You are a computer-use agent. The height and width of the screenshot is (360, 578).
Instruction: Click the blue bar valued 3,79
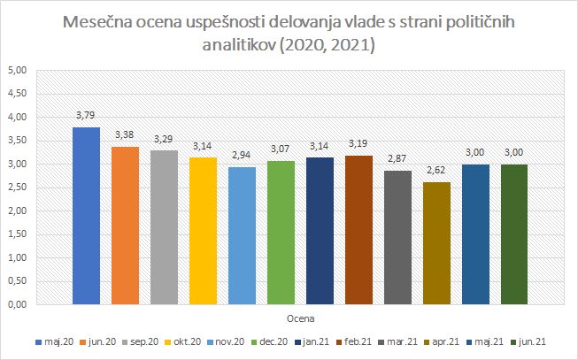coord(86,216)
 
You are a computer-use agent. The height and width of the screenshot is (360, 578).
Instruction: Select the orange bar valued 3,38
coord(125,226)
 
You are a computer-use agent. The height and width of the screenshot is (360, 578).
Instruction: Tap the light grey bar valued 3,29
coord(164,227)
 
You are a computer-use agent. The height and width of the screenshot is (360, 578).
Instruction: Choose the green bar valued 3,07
coord(281,233)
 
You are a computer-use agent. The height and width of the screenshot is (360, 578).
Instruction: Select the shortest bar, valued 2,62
coord(436,243)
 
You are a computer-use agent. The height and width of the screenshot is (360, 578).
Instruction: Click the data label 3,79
coord(86,116)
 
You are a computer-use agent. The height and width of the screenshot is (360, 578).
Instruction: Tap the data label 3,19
coord(358,144)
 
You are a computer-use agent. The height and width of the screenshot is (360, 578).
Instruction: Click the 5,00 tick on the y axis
coord(17,70)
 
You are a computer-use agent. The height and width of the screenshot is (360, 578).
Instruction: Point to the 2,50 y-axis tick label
coord(17,188)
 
